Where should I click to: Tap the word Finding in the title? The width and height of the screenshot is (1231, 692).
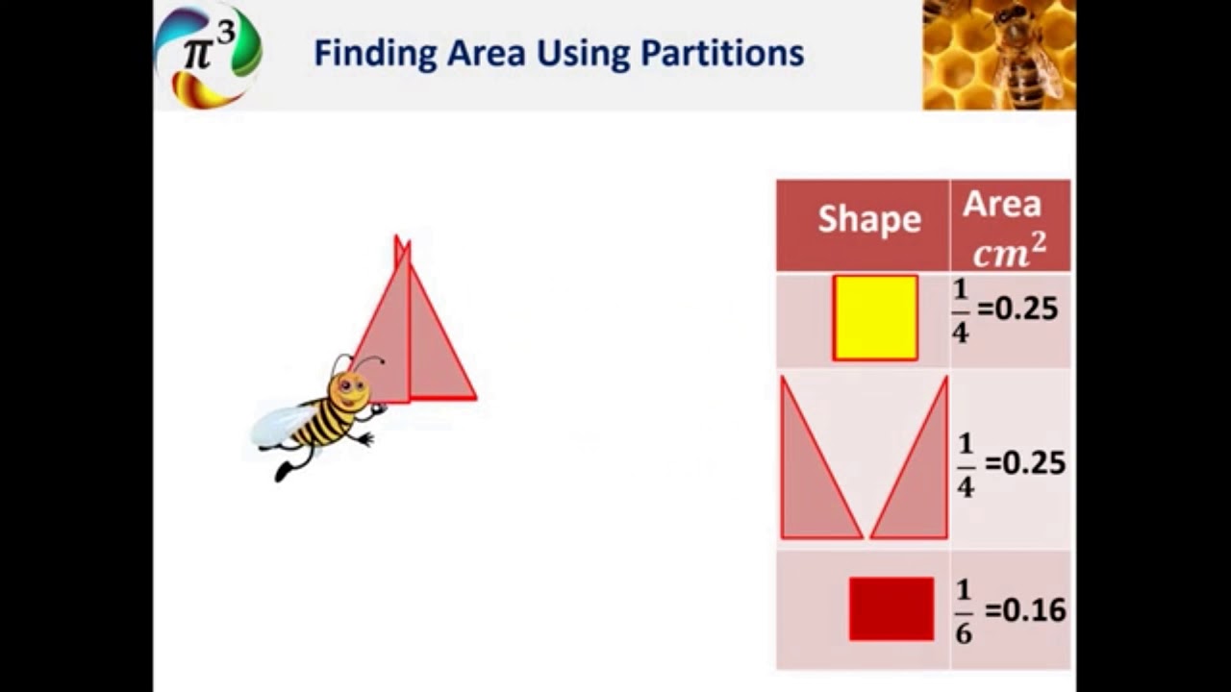375,54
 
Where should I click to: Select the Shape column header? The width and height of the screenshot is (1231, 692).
868,219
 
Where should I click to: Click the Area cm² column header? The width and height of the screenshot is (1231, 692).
1008,227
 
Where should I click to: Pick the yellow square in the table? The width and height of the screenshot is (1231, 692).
875,318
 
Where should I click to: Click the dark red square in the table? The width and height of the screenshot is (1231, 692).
891,608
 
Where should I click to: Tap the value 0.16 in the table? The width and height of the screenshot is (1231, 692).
1034,610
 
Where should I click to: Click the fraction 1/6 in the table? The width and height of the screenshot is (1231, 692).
964,610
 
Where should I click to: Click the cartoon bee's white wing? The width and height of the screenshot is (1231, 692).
281,424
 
